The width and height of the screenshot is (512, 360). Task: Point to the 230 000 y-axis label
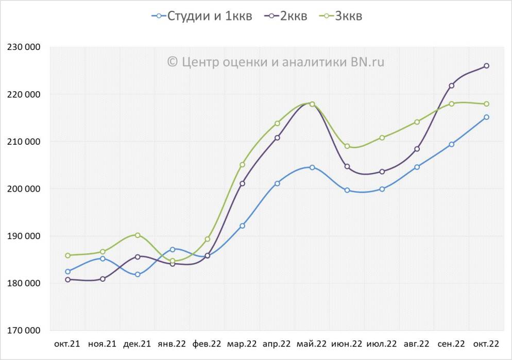pos(24,47)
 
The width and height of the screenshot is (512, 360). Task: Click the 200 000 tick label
pos(24,189)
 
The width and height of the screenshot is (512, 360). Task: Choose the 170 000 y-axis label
pos(24,331)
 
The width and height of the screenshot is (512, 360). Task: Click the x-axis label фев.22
pos(207,344)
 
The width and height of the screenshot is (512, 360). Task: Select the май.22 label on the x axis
pos(312,344)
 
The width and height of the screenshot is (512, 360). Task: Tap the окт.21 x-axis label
pos(67,344)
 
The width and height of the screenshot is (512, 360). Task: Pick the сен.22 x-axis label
pos(451,344)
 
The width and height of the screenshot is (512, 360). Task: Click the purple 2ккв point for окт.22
pos(486,66)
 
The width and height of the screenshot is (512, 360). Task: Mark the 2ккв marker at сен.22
pos(452,85)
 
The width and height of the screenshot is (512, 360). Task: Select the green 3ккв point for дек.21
pos(138,235)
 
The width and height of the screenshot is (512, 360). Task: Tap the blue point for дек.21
pos(138,275)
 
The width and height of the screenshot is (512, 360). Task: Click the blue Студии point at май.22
pos(312,167)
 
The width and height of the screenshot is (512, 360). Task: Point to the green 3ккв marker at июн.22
pos(347,146)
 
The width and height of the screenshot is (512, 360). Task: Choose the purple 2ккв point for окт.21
pos(67,280)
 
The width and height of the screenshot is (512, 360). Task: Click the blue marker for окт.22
pos(486,117)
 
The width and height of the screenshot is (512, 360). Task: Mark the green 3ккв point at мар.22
pos(242,165)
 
